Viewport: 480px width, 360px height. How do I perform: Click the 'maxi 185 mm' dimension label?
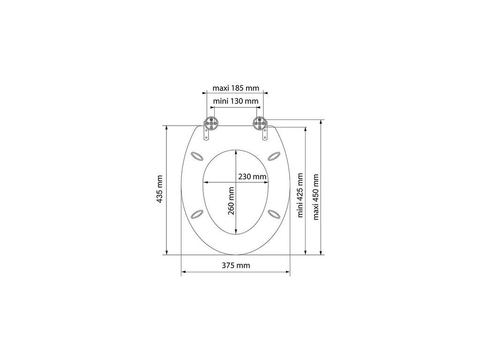pos(236,89)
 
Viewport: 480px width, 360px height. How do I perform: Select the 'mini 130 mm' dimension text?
pos(236,101)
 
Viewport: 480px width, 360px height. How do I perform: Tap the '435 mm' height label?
pos(159,189)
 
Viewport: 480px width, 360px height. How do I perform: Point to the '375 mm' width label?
pos(236,265)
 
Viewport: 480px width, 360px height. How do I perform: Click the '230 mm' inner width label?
pos(253,177)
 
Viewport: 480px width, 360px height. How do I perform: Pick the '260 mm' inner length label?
pos(231,201)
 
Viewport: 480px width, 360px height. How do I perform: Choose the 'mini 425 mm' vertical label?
pos(300,195)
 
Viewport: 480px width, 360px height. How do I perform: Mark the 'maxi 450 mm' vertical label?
pos(316,197)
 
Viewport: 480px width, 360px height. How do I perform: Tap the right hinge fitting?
pos(260,124)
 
